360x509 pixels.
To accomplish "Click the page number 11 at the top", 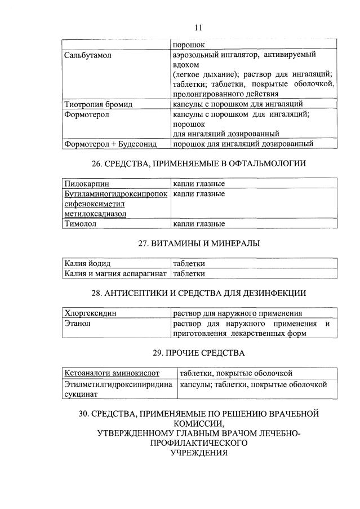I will [x=198, y=27].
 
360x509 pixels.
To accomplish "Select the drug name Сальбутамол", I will [x=86, y=55].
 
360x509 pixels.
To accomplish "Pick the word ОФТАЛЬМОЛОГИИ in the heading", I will [x=269, y=163].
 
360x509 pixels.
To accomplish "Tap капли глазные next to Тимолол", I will [x=199, y=224].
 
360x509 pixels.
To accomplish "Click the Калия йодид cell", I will [x=87, y=264].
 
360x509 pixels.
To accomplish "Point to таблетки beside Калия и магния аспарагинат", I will [x=189, y=273].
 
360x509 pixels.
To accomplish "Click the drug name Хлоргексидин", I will [x=91, y=313].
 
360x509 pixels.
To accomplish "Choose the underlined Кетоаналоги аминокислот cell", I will [x=112, y=373].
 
